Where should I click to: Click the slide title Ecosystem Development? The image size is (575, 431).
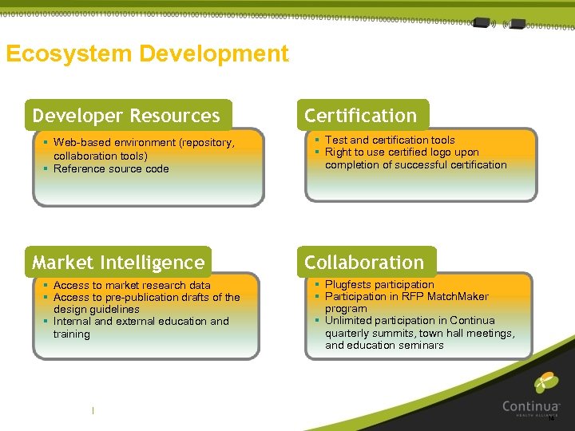(x=147, y=54)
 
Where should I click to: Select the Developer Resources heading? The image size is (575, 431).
(x=126, y=116)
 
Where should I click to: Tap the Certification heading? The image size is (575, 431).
(x=360, y=116)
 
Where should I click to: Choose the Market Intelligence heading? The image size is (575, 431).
(x=118, y=263)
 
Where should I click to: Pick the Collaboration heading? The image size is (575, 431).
(x=364, y=263)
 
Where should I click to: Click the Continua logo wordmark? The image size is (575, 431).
(x=531, y=406)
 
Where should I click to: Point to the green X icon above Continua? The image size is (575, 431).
(x=546, y=382)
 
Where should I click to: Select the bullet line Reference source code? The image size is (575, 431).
(x=111, y=168)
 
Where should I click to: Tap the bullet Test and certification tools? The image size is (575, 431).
(x=390, y=140)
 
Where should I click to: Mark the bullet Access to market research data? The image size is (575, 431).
(x=132, y=285)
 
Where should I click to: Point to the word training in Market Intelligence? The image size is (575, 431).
(x=71, y=334)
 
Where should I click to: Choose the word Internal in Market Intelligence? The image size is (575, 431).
(x=72, y=321)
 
